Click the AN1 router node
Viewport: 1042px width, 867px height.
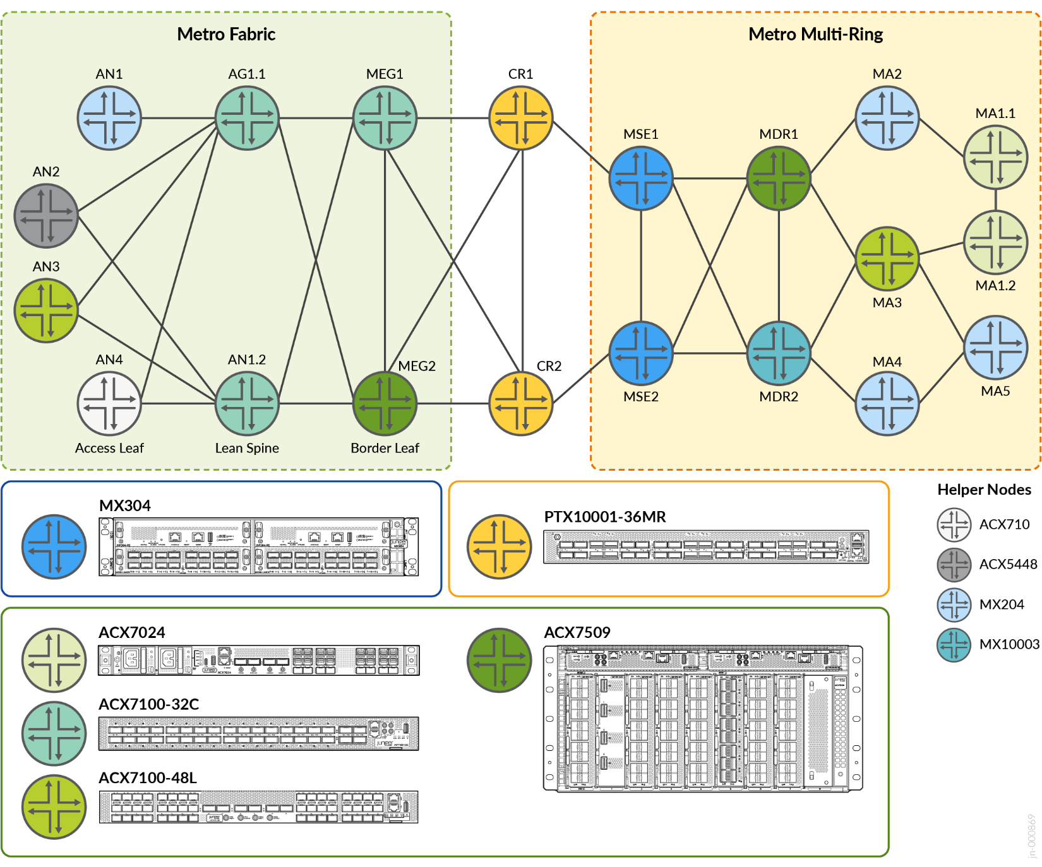point(109,118)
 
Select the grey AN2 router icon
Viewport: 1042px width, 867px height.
point(46,216)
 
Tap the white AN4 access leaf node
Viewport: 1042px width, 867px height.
point(109,403)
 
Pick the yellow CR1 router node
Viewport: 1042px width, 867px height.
point(521,118)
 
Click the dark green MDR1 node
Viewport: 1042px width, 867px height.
point(779,178)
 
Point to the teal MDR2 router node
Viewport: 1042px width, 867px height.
point(779,353)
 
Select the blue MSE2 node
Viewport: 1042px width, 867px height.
point(641,353)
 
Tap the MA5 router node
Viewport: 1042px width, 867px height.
point(996,348)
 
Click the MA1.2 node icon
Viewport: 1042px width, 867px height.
point(996,242)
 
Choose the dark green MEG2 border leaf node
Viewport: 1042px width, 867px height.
point(385,403)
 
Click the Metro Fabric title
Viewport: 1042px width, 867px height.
point(226,34)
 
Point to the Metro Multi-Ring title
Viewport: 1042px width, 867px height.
point(815,34)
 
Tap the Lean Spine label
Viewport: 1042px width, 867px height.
point(247,448)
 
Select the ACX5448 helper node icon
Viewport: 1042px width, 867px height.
point(954,564)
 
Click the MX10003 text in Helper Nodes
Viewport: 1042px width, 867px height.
point(1009,644)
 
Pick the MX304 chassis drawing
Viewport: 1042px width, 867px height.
point(258,547)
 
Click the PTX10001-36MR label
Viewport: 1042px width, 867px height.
point(605,517)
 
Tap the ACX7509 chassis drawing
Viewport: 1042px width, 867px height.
point(703,719)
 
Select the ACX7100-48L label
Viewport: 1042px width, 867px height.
point(148,778)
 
